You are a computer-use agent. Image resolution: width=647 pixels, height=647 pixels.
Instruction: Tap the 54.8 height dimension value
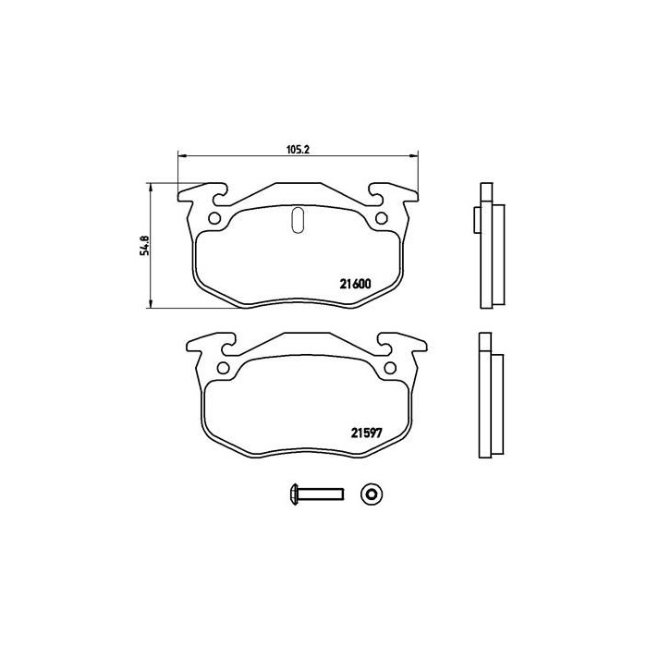[x=143, y=247]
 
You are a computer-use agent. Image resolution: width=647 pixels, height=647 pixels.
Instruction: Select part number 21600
[x=354, y=285]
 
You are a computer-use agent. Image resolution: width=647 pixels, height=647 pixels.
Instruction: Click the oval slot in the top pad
[x=298, y=219]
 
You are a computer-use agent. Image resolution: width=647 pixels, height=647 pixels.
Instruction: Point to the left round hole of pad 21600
[x=214, y=219]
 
